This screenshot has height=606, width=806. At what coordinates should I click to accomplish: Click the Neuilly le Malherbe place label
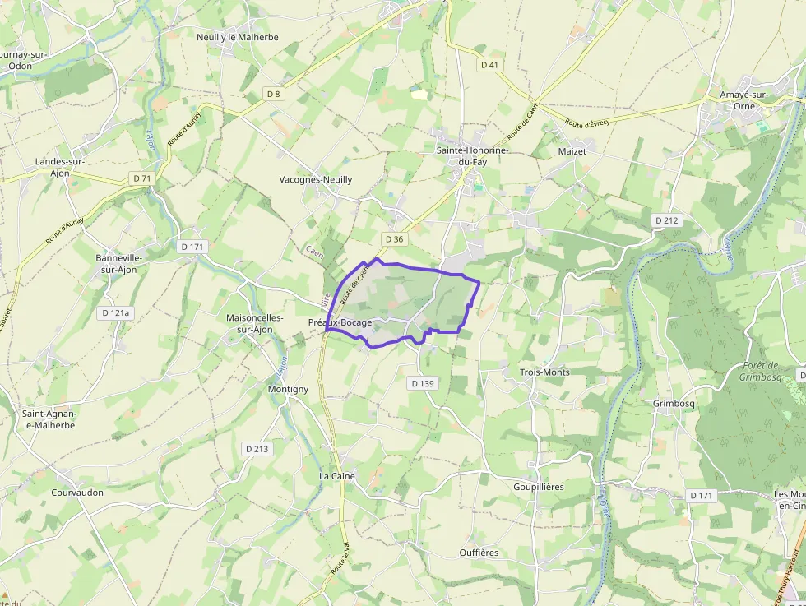pos(238,37)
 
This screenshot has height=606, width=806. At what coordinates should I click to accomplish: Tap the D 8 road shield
pos(274,94)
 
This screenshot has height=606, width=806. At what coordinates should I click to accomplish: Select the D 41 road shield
pos(489,64)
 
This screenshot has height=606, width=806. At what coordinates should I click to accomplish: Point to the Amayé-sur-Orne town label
pos(743,100)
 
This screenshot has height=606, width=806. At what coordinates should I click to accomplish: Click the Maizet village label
pos(572,151)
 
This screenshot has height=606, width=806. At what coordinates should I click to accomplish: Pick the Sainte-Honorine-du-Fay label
pos(472,156)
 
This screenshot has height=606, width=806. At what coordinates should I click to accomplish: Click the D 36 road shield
pos(394,239)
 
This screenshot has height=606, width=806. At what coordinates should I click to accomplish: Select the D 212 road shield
pos(667,220)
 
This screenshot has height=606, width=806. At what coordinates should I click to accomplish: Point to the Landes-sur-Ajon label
pos(60,167)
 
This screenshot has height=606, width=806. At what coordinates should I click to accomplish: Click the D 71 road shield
pos(141,178)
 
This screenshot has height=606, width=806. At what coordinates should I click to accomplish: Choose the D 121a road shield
pos(117,312)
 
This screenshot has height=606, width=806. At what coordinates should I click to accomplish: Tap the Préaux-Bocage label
pos(340,322)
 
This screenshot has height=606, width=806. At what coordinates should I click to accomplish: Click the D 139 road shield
pos(421,383)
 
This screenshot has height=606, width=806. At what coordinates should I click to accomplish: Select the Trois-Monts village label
pos(544,372)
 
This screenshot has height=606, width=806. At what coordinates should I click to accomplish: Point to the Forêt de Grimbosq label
pos(758,372)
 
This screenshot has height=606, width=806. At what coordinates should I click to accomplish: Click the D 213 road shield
pos(257,449)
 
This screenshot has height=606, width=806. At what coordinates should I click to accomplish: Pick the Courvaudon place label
pos(77,493)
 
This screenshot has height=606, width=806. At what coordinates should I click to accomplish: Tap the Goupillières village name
pos(539,487)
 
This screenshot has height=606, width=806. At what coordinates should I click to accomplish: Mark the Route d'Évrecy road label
pos(587,123)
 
